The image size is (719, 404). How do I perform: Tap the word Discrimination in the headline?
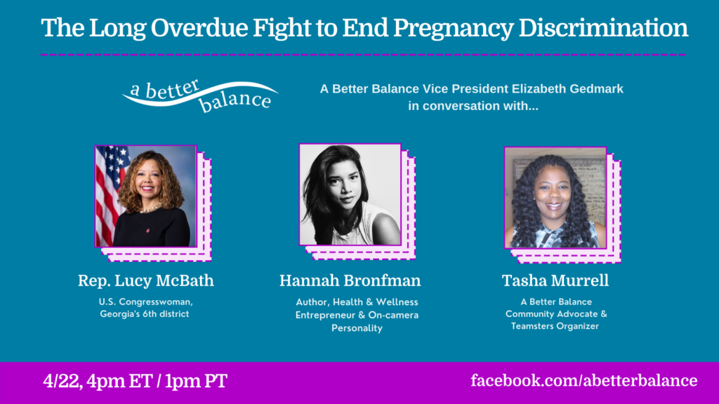pos(603,27)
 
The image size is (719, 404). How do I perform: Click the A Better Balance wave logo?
pos(200,95)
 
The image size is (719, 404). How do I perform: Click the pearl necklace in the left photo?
pos(150,209)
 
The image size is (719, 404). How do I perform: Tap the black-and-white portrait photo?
pos(350,195)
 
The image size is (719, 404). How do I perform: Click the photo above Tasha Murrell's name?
pos(555,198)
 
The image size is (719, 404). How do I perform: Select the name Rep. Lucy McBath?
pos(146,281)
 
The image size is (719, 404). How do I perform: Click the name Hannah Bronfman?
pos(350,281)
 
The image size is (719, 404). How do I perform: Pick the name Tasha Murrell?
pos(555,281)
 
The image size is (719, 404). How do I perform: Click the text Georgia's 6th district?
pos(145,314)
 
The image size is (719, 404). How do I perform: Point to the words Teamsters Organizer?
pos(555,326)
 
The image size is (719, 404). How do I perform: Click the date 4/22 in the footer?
pos(62,381)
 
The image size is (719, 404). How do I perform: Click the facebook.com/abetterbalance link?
pos(583,381)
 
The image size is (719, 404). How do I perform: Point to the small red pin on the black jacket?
pos(147,230)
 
